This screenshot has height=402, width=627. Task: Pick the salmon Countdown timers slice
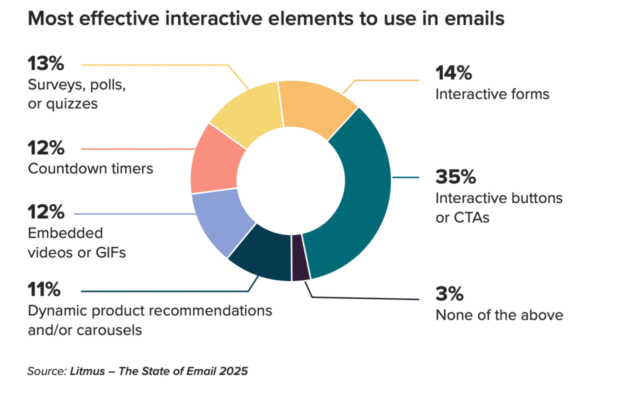pos(214,162)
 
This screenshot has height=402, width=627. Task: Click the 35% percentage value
pos(456,177)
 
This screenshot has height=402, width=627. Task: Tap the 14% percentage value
pos(454,73)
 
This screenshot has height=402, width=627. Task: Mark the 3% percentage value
pos(449,294)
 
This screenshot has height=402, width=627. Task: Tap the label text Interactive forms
pos(492,94)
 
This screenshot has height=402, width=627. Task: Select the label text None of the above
pos(499,315)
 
